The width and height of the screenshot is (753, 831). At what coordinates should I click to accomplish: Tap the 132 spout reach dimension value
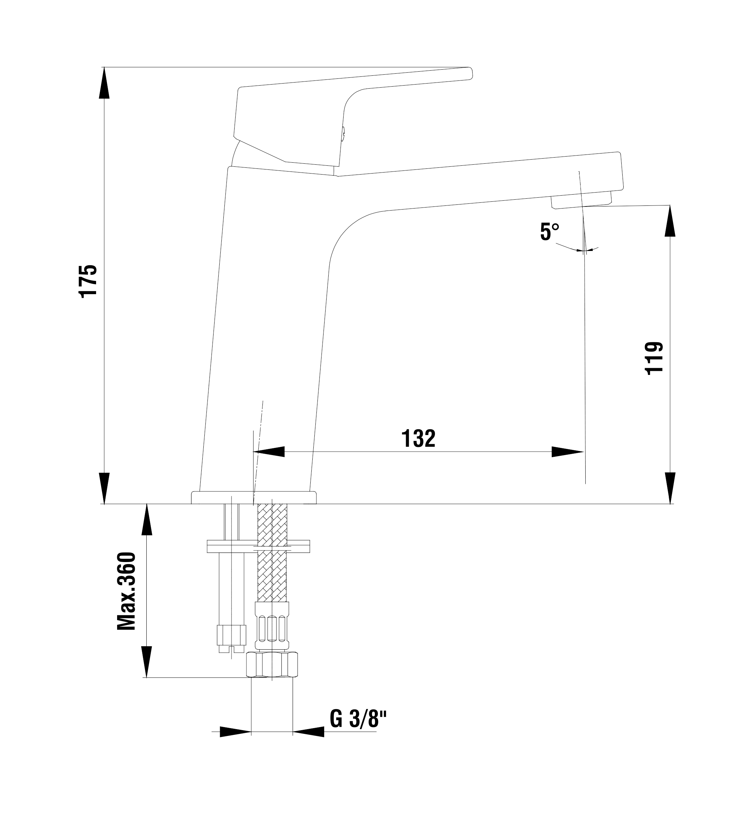point(418,438)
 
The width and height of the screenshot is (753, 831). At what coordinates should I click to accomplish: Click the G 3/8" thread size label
point(358,719)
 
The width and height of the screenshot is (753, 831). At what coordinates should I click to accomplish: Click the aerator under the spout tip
point(581,201)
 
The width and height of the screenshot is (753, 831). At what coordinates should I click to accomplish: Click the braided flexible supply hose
point(272,573)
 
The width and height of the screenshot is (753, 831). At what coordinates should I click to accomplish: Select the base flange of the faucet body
point(254,498)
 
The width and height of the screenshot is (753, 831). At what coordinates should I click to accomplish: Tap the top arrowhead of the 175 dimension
point(104,83)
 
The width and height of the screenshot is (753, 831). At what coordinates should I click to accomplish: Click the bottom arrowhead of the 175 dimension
point(104,488)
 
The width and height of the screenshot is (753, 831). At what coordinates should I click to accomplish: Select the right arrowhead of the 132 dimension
point(568,452)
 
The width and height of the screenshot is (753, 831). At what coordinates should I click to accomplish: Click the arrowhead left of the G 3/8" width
point(235,731)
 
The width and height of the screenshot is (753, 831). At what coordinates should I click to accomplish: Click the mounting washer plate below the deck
point(258,546)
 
